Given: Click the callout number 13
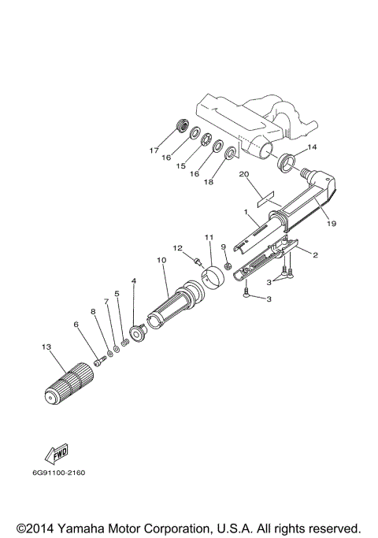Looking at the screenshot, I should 46,347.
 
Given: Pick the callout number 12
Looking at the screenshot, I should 178,248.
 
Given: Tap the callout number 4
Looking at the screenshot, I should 134,281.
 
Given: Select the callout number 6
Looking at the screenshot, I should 76,324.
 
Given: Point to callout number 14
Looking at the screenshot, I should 312,147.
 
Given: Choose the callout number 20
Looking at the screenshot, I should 243,174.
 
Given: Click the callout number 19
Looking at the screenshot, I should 331,224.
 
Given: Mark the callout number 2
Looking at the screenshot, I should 315,255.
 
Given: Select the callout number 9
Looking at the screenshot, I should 224,247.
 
